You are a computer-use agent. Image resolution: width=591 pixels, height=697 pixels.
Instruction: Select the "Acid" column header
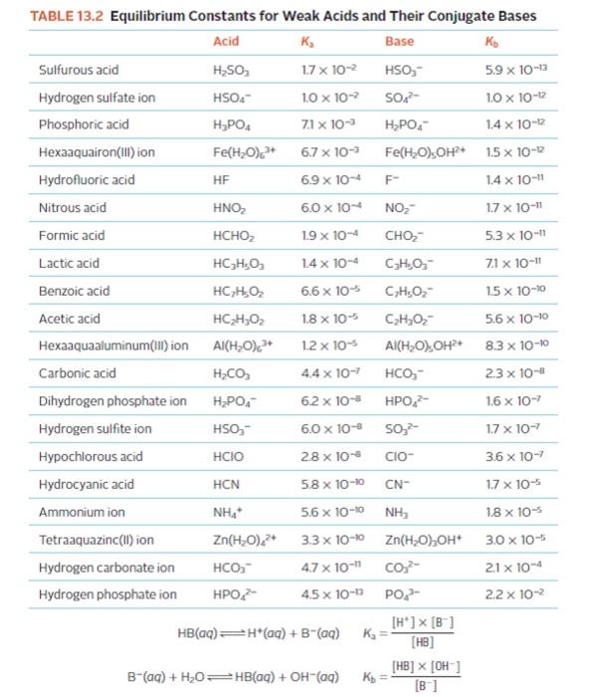pyautogui.click(x=226, y=43)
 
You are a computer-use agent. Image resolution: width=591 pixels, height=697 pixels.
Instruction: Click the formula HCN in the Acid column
pyautogui.click(x=226, y=484)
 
